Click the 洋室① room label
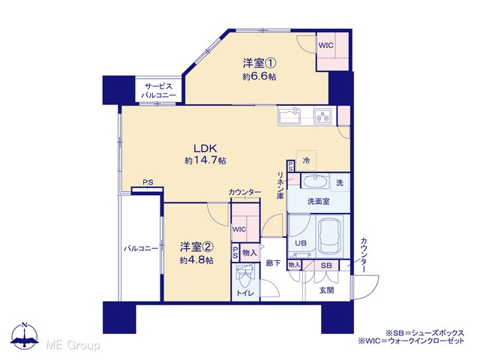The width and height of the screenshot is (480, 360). click(259, 63)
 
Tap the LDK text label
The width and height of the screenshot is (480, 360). click(205, 148)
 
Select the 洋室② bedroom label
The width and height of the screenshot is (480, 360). click(196, 247)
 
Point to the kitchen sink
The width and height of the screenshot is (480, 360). click(289, 115)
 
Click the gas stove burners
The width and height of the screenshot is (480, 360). click(322, 116)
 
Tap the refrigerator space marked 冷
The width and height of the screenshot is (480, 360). click(306, 160)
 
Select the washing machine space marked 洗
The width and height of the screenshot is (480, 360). click(340, 183)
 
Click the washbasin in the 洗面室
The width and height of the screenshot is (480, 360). click(315, 181)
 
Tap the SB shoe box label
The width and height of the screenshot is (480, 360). click(326, 265)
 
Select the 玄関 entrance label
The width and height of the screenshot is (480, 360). click(327, 290)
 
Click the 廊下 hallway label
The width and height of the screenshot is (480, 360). click(273, 262)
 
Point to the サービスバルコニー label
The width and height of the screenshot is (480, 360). click(158, 91)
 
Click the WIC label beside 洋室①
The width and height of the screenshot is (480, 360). click(326, 46)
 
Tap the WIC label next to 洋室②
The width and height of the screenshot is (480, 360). click(239, 229)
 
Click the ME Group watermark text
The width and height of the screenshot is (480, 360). click(73, 345)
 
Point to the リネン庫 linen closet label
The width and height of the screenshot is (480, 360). click(280, 186)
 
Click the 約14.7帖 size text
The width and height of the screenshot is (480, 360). click(205, 160)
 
